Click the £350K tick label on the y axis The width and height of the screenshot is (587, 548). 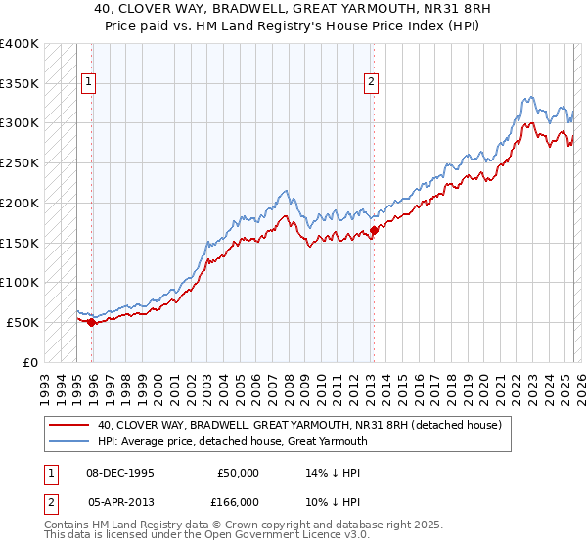[20, 83]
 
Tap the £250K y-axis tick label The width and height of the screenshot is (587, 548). [20, 162]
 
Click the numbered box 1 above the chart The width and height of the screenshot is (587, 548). [89, 83]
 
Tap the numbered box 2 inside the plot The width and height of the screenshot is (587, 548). [372, 83]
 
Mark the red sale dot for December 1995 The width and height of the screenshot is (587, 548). [91, 322]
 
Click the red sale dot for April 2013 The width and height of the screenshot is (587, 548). [374, 230]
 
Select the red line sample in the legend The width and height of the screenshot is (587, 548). [70, 426]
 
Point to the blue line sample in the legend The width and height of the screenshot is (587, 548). [70, 442]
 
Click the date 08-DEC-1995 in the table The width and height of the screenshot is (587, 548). [122, 472]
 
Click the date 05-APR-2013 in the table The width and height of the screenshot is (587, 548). [122, 501]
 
